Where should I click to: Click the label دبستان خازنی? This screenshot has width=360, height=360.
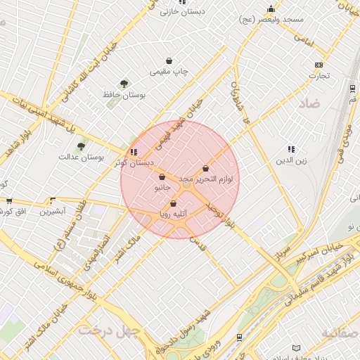179,12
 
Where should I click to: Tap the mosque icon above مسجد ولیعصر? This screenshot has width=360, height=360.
271,8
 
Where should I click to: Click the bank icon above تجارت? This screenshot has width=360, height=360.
319,65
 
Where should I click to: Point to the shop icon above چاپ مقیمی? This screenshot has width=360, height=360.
169,61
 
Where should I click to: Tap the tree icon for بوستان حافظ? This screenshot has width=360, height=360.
124,84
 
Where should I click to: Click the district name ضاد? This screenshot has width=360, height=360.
309,103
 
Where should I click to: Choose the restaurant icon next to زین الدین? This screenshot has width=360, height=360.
291,149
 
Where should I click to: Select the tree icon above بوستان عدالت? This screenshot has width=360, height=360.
82,146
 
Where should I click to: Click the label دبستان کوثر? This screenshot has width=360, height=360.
134,162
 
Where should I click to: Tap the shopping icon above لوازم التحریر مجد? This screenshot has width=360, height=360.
205,169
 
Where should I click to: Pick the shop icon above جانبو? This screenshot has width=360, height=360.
162,177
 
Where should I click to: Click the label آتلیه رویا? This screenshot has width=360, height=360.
173,214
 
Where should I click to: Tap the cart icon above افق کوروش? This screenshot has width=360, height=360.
8,200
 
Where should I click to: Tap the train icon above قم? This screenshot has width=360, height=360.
351,88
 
